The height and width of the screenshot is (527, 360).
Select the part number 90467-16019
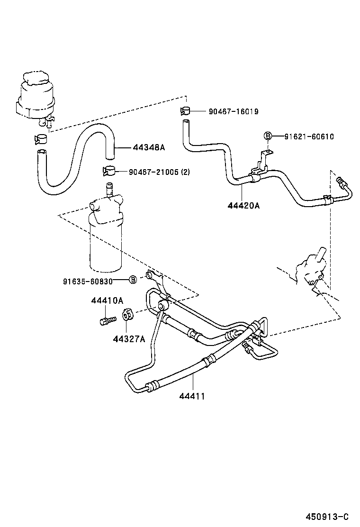point(233,112)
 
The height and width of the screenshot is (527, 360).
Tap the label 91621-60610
point(309,136)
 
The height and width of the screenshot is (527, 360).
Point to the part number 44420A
point(243,206)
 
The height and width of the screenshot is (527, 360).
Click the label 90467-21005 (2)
point(159,172)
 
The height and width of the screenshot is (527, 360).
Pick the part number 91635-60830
point(88,281)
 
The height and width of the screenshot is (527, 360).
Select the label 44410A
point(107,300)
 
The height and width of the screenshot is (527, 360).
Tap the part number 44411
point(192,396)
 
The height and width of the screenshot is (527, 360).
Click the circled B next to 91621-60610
point(268,136)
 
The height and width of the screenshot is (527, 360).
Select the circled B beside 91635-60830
point(133,280)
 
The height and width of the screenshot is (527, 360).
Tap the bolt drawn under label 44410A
point(107,320)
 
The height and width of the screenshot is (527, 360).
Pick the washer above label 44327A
point(127,315)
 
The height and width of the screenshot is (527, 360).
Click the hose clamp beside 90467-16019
point(185,111)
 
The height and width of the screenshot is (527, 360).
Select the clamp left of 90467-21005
point(109,171)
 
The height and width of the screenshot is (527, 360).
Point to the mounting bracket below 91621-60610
point(260,166)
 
